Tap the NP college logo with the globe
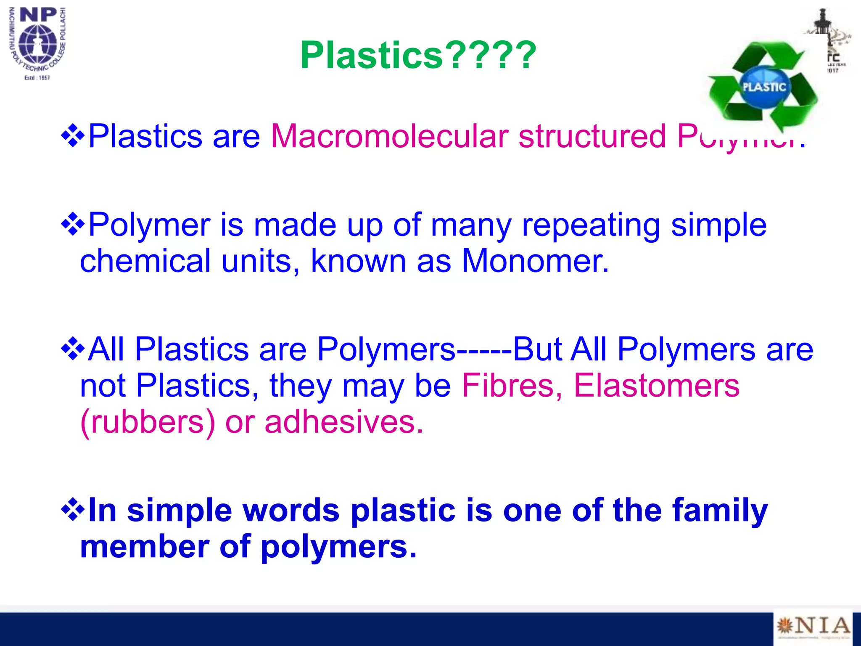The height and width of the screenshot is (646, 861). pyautogui.click(x=38, y=43)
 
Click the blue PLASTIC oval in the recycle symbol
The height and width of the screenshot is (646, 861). pyautogui.click(x=764, y=87)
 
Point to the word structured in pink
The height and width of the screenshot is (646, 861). pyautogui.click(x=592, y=136)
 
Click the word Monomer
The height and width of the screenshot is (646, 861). pyautogui.click(x=535, y=261)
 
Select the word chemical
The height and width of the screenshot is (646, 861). pyautogui.click(x=145, y=261)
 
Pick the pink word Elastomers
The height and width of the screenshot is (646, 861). pyautogui.click(x=656, y=385)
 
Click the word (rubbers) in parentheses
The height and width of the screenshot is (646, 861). pyautogui.click(x=148, y=422)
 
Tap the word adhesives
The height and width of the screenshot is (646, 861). pyautogui.click(x=343, y=422)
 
